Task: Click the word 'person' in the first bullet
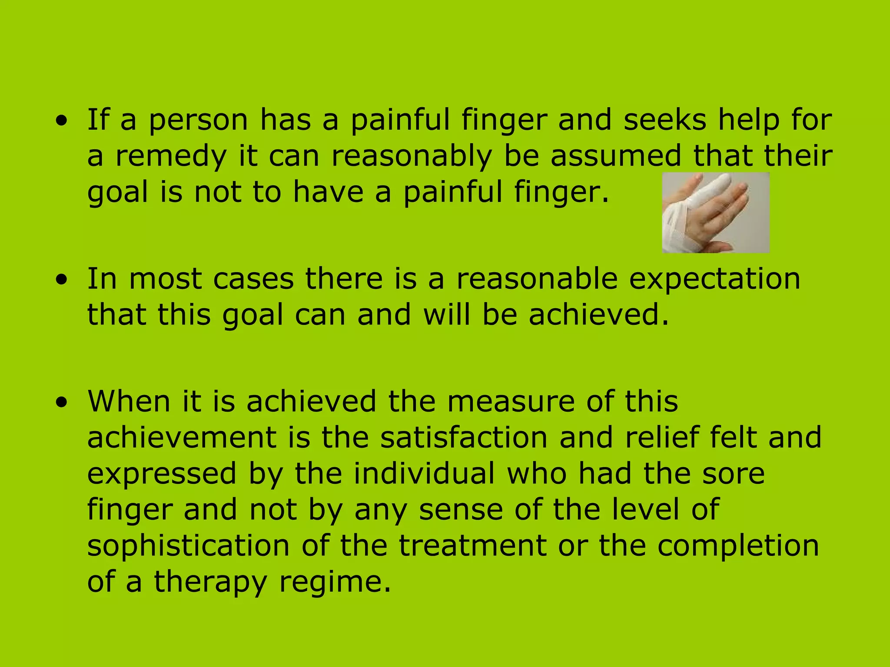[198, 120]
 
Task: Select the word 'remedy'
[171, 156]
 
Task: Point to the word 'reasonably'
[412, 156]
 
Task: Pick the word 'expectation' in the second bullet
[714, 279]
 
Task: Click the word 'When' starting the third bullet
[129, 401]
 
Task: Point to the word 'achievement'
[182, 437]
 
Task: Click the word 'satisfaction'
[464, 437]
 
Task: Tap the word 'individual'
[424, 473]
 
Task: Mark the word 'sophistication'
[188, 546]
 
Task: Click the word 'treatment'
[473, 546]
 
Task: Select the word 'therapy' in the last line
[210, 582]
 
